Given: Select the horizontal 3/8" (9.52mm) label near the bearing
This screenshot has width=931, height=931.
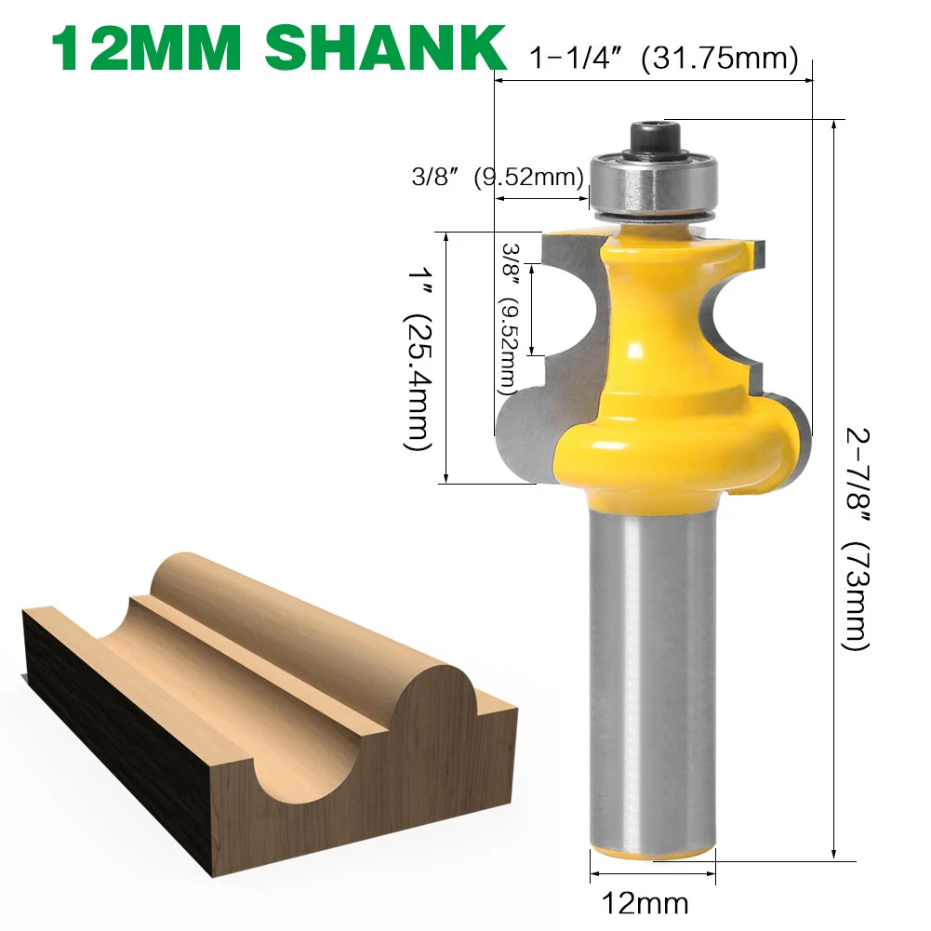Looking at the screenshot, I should point(498,177).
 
